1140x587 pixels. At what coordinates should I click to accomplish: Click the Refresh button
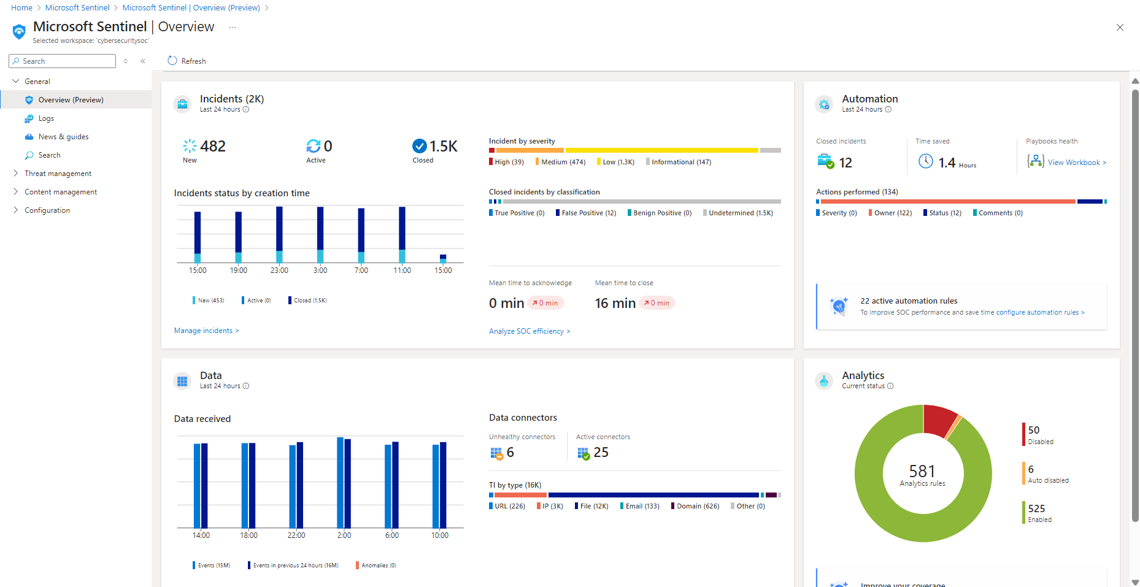(187, 61)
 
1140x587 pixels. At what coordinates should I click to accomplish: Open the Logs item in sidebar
(46, 118)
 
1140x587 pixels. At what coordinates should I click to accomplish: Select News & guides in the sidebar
(63, 137)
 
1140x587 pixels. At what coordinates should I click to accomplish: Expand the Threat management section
(58, 174)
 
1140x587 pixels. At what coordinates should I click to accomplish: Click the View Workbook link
(1076, 163)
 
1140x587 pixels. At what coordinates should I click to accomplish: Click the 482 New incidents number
(212, 147)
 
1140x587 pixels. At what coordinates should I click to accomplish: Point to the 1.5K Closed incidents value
(443, 147)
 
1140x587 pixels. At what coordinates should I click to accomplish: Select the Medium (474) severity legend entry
(563, 162)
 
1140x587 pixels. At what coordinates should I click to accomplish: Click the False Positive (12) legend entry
(588, 213)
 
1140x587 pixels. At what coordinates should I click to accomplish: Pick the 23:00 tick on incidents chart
(279, 270)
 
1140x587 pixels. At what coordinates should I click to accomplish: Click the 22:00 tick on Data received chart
(296, 535)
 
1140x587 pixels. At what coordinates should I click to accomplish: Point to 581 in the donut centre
(922, 471)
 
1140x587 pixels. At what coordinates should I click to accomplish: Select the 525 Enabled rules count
(1036, 508)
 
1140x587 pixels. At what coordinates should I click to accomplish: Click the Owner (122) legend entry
(893, 213)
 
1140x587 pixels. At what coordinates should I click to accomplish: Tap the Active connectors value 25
(601, 453)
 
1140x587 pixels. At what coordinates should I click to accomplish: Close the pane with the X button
(1120, 28)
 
